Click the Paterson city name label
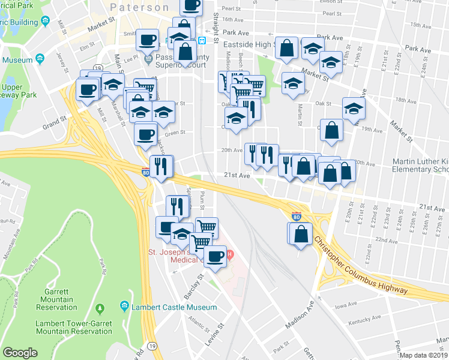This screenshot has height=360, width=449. point(140,7)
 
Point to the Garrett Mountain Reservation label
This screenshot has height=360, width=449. point(56,303)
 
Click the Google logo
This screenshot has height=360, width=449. point(20,353)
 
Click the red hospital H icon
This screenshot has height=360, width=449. point(229,255)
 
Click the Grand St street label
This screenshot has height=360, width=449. point(54,123)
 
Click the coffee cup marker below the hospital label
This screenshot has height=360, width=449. point(214,256)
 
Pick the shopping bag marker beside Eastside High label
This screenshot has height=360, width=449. point(288,47)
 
